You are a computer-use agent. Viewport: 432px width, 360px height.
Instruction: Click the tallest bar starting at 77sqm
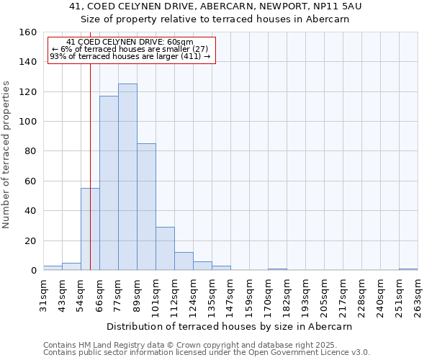(127, 177)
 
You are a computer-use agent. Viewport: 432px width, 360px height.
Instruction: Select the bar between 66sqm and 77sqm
(109, 183)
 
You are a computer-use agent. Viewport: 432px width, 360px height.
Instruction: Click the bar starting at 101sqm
(165, 249)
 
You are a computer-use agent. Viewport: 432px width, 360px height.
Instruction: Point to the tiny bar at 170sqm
(277, 269)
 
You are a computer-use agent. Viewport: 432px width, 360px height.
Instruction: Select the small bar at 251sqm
(408, 269)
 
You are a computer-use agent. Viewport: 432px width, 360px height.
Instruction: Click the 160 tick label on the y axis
(28, 32)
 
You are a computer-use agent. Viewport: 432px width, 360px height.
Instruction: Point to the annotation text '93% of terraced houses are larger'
(130, 56)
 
